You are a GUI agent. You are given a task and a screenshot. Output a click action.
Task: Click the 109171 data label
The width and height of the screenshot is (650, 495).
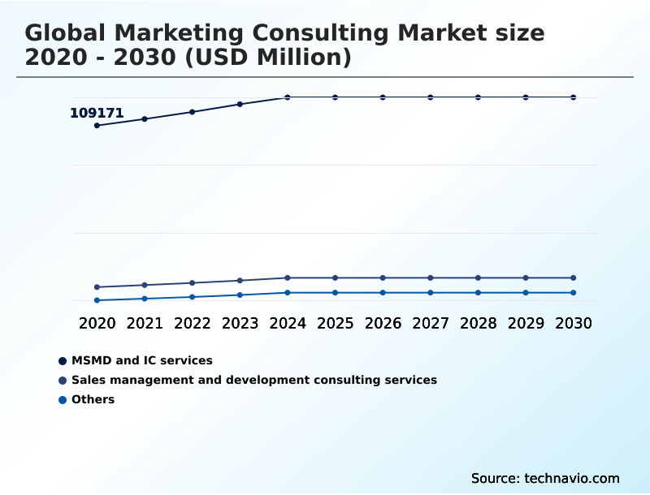97,114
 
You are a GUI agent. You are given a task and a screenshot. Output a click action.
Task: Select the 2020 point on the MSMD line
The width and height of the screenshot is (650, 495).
97,126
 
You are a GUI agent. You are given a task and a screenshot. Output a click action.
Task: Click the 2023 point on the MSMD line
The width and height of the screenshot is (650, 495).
240,104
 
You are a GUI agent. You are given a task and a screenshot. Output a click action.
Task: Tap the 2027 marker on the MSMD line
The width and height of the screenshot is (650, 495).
431,97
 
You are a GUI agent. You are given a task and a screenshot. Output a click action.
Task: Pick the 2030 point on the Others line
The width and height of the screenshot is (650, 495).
574,293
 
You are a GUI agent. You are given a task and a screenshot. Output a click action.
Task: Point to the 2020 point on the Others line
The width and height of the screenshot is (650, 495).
97,300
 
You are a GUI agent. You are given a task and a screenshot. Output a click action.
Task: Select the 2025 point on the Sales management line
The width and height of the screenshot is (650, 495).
335,278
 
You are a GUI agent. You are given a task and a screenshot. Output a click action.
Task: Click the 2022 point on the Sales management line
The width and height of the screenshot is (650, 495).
193,283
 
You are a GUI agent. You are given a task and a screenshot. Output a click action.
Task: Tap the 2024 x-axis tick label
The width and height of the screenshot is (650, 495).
288,324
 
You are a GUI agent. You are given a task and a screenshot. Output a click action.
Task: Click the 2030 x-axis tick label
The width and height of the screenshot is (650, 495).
574,324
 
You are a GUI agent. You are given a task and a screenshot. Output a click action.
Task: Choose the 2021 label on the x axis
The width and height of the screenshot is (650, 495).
145,324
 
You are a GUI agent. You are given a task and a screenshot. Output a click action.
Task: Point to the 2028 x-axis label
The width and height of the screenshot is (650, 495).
478,324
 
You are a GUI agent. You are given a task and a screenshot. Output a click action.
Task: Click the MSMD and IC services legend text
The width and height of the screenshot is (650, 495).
141,360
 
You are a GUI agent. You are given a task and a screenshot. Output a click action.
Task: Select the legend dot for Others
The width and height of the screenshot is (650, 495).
63,400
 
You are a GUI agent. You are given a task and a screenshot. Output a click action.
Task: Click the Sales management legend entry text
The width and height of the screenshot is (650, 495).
253,380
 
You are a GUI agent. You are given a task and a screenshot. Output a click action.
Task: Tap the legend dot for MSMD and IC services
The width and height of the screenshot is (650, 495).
63,361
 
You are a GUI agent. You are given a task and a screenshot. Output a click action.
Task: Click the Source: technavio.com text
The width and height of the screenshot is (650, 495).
545,478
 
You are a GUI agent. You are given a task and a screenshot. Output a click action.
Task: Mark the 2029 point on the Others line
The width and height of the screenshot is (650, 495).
526,293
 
